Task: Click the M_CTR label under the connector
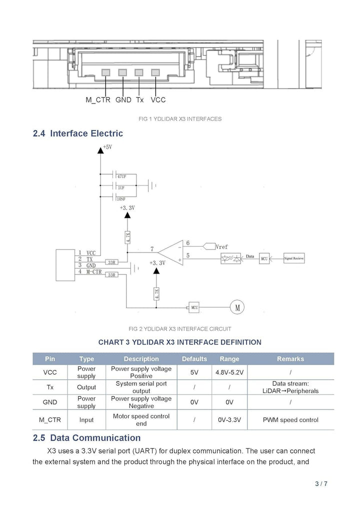click(97, 100)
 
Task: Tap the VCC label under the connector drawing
click(158, 100)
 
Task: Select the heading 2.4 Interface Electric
click(77, 133)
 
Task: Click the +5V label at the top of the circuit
click(107, 147)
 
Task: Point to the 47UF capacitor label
click(121, 176)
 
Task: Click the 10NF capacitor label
click(121, 199)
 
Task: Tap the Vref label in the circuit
click(221, 246)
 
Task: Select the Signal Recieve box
click(294, 258)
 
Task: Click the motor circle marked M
click(236, 307)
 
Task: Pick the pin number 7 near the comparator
click(152, 248)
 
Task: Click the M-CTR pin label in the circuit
click(94, 272)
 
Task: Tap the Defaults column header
click(194, 359)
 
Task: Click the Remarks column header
click(290, 359)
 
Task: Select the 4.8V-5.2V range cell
click(229, 372)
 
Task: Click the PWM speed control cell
click(290, 420)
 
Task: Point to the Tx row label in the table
click(50, 387)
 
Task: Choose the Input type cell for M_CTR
click(86, 420)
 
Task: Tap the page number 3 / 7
click(321, 483)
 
